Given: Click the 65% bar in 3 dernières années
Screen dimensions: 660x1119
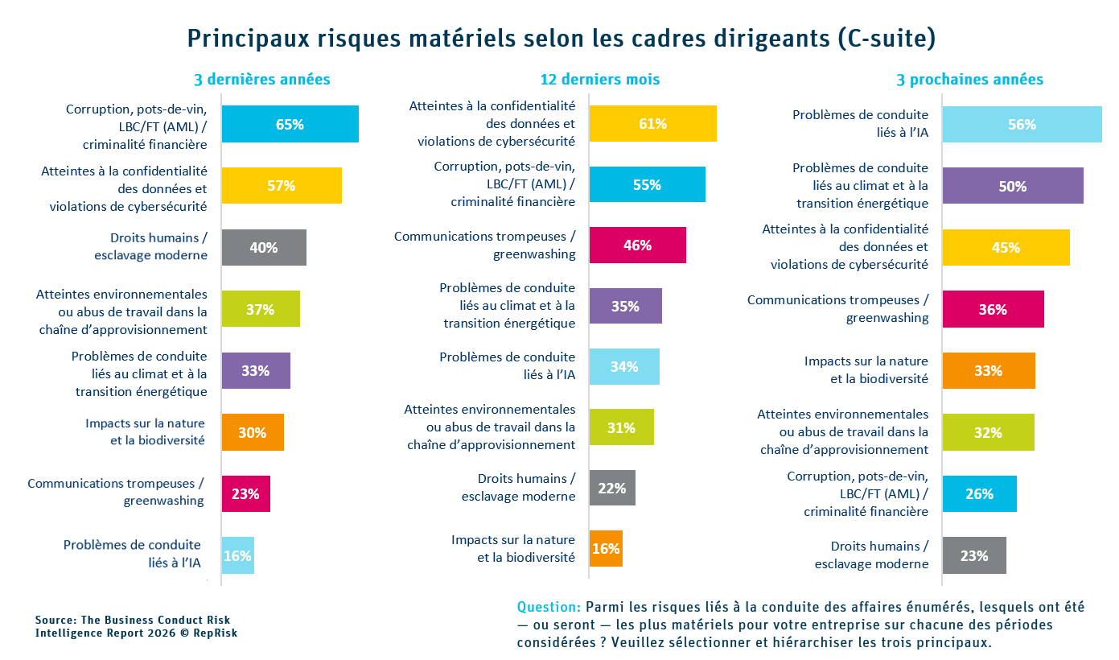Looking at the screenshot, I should tap(290, 124).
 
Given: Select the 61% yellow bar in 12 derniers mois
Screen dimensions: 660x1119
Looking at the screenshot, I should tap(652, 123).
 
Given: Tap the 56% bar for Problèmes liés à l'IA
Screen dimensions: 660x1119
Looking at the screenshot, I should tap(1022, 125).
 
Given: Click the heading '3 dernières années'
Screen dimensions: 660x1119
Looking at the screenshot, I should tap(262, 80).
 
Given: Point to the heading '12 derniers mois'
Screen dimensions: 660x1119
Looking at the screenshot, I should tap(600, 80).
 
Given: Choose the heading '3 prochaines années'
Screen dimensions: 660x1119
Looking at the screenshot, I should tap(969, 80).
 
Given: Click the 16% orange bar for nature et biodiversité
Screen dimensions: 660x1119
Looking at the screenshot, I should tap(606, 549).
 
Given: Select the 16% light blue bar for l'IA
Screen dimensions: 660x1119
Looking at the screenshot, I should tap(238, 555).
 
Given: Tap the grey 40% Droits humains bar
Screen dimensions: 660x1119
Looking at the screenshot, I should tap(264, 247).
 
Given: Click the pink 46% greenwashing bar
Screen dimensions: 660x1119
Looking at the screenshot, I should tap(637, 245).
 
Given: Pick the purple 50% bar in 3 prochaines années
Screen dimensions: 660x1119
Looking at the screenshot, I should tap(1012, 186).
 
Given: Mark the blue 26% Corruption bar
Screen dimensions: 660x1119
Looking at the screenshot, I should tap(979, 494).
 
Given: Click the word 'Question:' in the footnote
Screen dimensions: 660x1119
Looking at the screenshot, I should tap(549, 607).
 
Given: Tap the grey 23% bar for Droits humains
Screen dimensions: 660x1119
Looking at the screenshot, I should tap(974, 555).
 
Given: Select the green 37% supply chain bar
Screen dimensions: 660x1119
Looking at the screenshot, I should tap(261, 309).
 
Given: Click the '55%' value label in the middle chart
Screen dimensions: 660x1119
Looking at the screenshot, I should tap(647, 185).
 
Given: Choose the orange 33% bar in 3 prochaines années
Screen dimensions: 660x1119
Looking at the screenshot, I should tap(988, 371).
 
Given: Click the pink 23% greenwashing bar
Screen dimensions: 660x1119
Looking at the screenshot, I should tap(245, 494).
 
